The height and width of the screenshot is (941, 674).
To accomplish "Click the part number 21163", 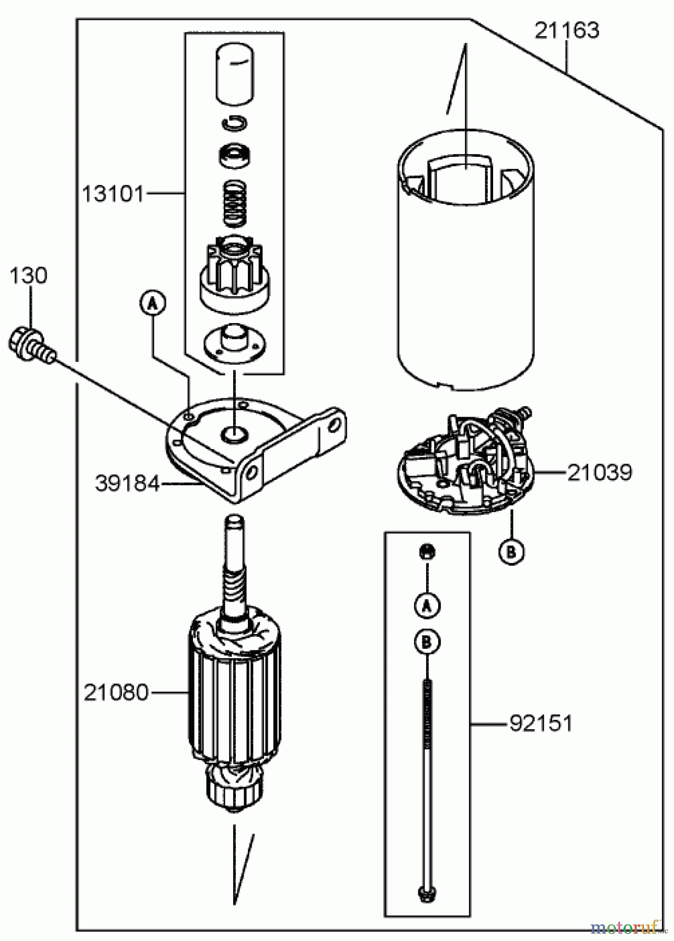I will pyautogui.click(x=566, y=31).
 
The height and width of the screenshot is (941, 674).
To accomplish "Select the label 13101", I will pyautogui.click(x=112, y=194).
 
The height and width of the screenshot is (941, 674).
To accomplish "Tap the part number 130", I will pyautogui.click(x=28, y=276).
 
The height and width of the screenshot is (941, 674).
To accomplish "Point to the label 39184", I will pyautogui.click(x=127, y=484).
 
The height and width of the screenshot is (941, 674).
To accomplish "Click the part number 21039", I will pyautogui.click(x=599, y=473).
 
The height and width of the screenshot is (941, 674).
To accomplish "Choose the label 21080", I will pyautogui.click(x=116, y=693).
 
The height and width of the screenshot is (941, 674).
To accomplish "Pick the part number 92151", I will pyautogui.click(x=541, y=724).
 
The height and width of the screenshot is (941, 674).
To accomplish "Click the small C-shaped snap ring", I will pyautogui.click(x=234, y=123).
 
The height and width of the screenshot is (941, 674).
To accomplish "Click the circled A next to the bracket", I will pyautogui.click(x=152, y=303).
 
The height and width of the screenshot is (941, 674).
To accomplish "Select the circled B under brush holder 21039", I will pyautogui.click(x=511, y=551).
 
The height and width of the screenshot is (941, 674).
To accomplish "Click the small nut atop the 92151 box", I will pyautogui.click(x=427, y=552).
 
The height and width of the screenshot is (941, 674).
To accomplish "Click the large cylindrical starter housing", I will pyautogui.click(x=465, y=261).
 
